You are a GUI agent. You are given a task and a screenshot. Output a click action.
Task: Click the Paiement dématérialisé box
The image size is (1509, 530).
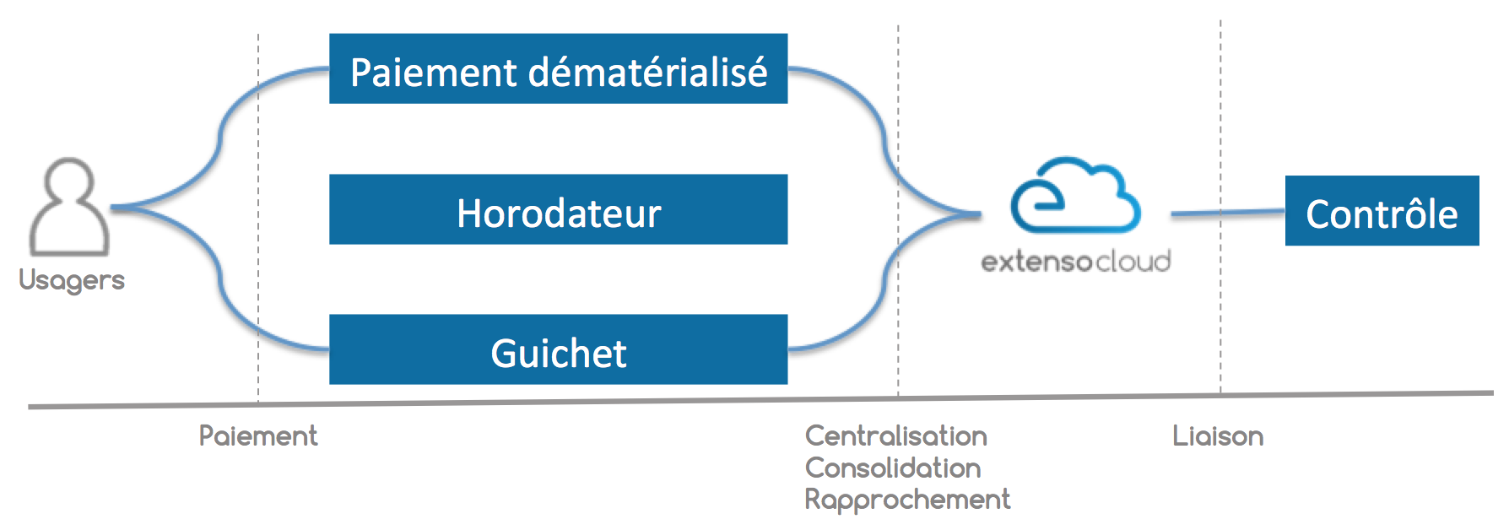pyautogui.click(x=558, y=68)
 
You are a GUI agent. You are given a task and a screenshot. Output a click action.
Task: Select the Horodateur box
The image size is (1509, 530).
pyautogui.click(x=558, y=209)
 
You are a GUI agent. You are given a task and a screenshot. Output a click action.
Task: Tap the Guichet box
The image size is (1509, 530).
pyautogui.click(x=558, y=349)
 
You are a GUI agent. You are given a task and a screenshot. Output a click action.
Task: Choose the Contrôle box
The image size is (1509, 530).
pyautogui.click(x=1382, y=211)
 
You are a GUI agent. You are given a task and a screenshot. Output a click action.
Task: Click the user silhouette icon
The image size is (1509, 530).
pyautogui.click(x=69, y=207)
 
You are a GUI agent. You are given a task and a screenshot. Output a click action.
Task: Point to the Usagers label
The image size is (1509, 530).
pyautogui.click(x=72, y=280)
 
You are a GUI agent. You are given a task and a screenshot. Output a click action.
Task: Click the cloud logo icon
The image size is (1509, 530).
pyautogui.click(x=1075, y=195)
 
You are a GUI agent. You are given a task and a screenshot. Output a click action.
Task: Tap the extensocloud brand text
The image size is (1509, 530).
pyautogui.click(x=1076, y=261)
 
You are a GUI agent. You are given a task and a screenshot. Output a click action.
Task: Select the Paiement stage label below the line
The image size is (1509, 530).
pyautogui.click(x=258, y=435)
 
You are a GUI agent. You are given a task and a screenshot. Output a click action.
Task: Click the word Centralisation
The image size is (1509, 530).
pyautogui.click(x=896, y=435)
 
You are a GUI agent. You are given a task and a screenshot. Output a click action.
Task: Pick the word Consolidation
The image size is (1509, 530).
pyautogui.click(x=893, y=468)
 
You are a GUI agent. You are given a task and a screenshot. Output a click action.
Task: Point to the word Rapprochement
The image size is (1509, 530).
pyautogui.click(x=907, y=500)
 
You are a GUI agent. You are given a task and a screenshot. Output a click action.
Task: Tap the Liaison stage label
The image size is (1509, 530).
pyautogui.click(x=1218, y=435)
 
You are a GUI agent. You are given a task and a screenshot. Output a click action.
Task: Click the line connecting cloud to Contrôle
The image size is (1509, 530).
pyautogui.click(x=1228, y=213)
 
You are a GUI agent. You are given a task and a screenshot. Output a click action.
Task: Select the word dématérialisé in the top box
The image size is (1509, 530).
pyautogui.click(x=648, y=72)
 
